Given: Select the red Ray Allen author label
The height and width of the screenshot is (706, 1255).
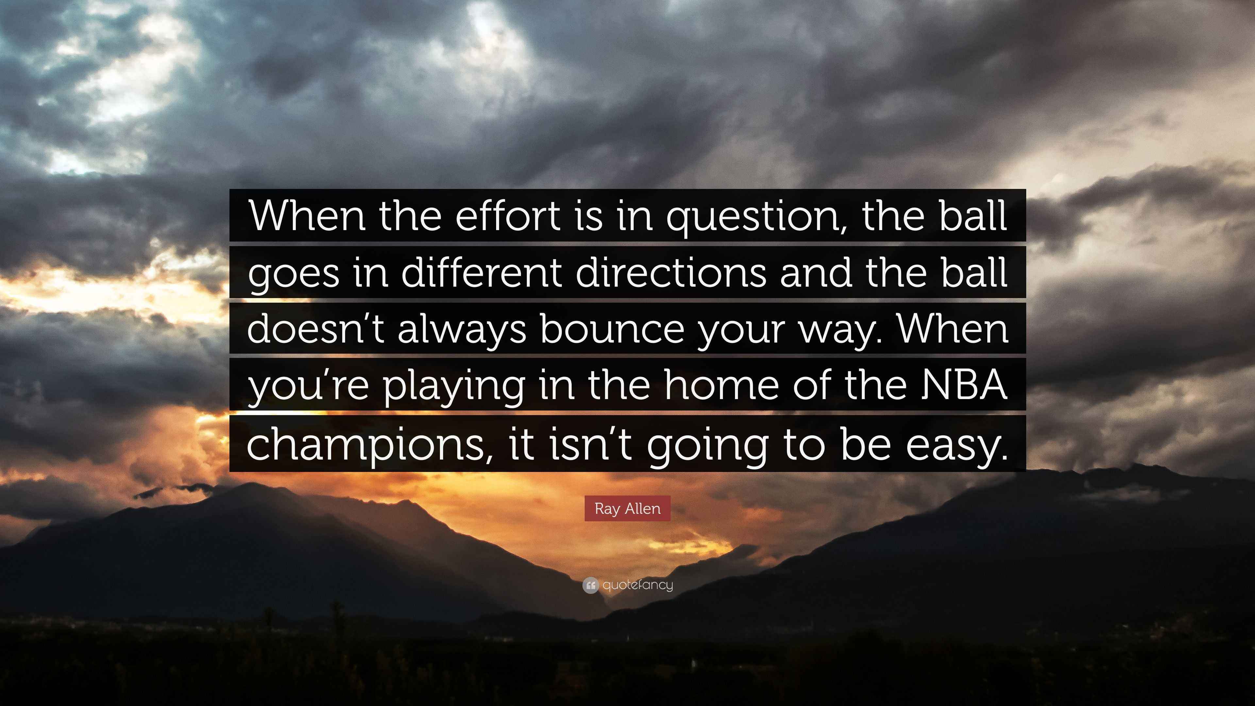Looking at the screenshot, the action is click(627, 509).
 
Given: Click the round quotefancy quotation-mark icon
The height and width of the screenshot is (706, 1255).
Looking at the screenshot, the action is click(590, 585).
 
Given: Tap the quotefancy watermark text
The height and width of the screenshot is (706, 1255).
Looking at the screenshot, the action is click(638, 585).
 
